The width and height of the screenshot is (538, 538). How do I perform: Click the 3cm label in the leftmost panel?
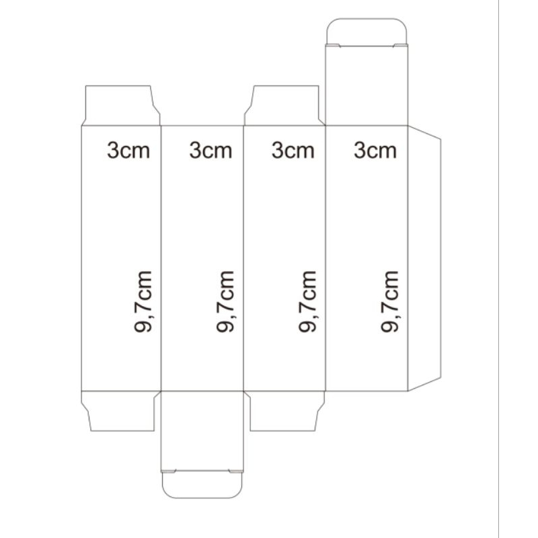click(x=128, y=150)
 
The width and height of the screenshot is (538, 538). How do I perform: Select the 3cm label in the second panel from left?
click(x=210, y=150)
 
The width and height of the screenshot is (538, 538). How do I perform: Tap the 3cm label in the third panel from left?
click(x=293, y=150)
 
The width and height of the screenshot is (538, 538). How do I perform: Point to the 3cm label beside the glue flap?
click(x=375, y=150)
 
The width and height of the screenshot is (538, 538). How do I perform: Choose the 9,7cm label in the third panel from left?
click(x=308, y=301)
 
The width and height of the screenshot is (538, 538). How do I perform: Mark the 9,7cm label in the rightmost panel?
click(x=390, y=301)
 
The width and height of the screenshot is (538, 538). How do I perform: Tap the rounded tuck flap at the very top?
click(x=367, y=32)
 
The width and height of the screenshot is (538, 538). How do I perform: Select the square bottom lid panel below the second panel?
click(x=202, y=430)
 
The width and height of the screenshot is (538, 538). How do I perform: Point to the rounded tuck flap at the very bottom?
click(x=202, y=484)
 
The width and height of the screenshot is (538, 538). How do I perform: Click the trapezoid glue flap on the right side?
click(x=424, y=259)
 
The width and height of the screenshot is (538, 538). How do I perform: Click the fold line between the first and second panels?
click(x=161, y=259)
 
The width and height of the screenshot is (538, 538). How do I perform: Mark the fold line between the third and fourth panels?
click(x=325, y=259)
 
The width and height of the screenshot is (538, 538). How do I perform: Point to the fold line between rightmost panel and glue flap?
click(x=408, y=259)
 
